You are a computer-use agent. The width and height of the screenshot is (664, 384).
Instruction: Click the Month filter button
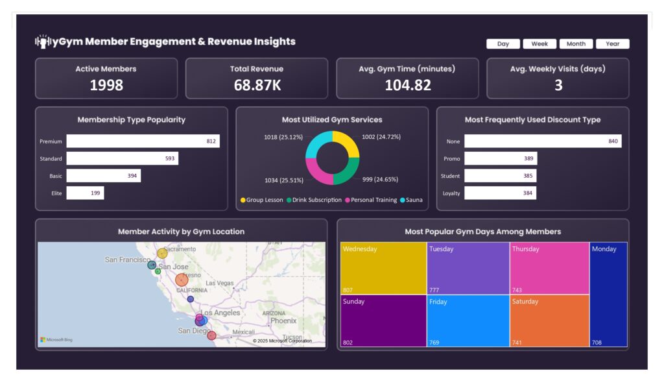pos(576,44)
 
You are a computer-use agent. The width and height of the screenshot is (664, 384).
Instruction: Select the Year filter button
pos(612,44)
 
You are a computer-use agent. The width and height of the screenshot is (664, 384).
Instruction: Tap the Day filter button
pos(503,44)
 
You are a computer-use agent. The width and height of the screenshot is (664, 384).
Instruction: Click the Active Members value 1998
pos(106,85)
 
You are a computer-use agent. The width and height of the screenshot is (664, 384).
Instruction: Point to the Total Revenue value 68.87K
pos(257,85)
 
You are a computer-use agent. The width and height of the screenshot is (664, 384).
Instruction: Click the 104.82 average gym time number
pos(407,85)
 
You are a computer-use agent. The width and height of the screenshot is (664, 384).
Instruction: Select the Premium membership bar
pos(143,141)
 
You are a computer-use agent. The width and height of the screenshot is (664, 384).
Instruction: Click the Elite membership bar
pos(85,193)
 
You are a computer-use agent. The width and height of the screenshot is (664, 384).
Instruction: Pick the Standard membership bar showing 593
pos(122,159)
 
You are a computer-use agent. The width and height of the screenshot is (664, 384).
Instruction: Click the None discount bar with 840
pos(542,141)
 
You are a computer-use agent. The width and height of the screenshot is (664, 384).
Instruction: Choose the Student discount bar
pos(500,176)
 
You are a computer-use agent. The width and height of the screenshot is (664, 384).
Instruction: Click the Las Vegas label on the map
pos(219,283)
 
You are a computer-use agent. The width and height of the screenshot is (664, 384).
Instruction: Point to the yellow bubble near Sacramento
pos(162,254)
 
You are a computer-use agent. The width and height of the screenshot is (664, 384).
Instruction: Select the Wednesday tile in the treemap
pos(383,268)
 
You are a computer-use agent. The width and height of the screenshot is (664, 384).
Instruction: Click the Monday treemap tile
pos(608,294)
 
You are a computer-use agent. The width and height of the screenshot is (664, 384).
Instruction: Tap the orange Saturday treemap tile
pos(549,320)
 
